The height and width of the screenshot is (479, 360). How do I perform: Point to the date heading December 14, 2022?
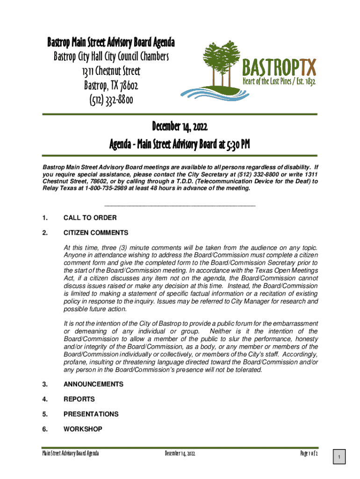[x=180, y=126]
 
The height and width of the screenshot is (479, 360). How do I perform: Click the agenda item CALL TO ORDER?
[x=90, y=218]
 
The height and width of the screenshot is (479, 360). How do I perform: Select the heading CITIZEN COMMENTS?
[x=96, y=232]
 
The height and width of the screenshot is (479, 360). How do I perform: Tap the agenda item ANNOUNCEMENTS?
[x=94, y=384]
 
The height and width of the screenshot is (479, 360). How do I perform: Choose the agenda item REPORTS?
[x=79, y=399]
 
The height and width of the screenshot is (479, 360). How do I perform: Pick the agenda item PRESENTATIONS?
[x=91, y=414]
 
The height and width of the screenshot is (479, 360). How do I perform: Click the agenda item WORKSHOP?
[x=83, y=429]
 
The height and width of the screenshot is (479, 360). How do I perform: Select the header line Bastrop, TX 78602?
[x=111, y=86]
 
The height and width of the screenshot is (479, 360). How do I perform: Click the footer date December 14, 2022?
[x=183, y=454]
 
